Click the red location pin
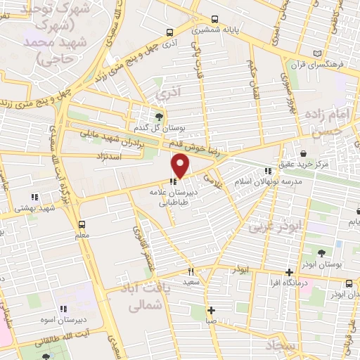pos(181,166)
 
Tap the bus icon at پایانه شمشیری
pos(169,32)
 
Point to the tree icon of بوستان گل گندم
pos(158,117)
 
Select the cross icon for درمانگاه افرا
pos(289,272)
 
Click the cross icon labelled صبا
pos(211,310)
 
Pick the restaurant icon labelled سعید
pos(190,271)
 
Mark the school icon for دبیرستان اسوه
pos(63,308)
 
